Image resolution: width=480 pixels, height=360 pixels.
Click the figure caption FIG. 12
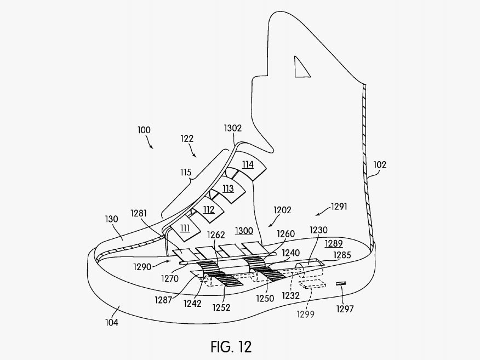tap(231, 347)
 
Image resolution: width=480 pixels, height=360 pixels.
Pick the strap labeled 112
tap(209, 209)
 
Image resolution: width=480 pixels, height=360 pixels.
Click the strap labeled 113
tap(227, 188)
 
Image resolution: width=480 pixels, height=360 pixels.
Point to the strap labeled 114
tap(248, 164)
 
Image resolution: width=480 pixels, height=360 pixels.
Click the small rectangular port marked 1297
tap(341, 283)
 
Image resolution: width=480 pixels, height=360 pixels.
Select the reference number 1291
tap(339, 207)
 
